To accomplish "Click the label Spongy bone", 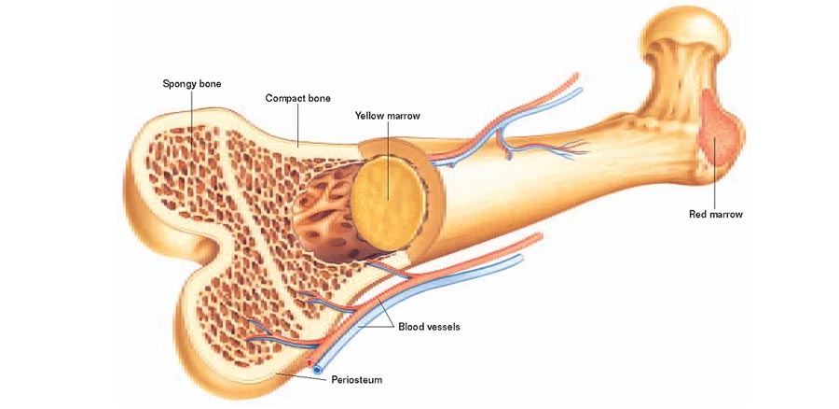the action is pyautogui.click(x=192, y=84).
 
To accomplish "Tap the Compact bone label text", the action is pyautogui.click(x=298, y=99).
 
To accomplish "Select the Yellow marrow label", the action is pyautogui.click(x=388, y=116).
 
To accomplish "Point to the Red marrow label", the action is pyautogui.click(x=716, y=215).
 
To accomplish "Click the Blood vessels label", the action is pyautogui.click(x=429, y=327).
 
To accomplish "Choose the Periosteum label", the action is pyautogui.click(x=357, y=380).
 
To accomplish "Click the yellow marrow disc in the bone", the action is pyautogui.click(x=389, y=203).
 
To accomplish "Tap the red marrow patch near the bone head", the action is pyautogui.click(x=718, y=129).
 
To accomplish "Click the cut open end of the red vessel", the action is pyautogui.click(x=309, y=363).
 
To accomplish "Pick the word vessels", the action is pyautogui.click(x=443, y=327).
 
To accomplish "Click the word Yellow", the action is pyautogui.click(x=370, y=116).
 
